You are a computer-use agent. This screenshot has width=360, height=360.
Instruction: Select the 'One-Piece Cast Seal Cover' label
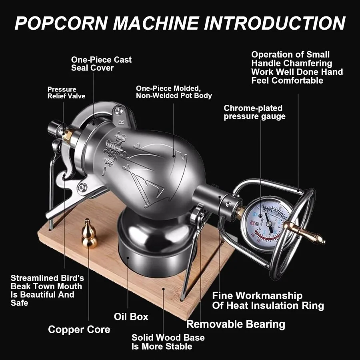click(101, 64)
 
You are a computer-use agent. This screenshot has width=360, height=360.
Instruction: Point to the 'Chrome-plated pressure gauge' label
click(254, 112)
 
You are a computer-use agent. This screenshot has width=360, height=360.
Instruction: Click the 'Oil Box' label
click(131, 317)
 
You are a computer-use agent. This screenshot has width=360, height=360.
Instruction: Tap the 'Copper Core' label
click(79, 330)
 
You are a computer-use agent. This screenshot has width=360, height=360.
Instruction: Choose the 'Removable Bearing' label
click(236, 324)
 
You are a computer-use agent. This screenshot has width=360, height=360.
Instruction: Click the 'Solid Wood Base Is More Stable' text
click(168, 342)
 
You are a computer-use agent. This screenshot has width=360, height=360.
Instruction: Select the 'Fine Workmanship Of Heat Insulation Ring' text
click(268, 301)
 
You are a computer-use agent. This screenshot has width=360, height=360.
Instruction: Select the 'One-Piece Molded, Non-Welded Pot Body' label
click(174, 92)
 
